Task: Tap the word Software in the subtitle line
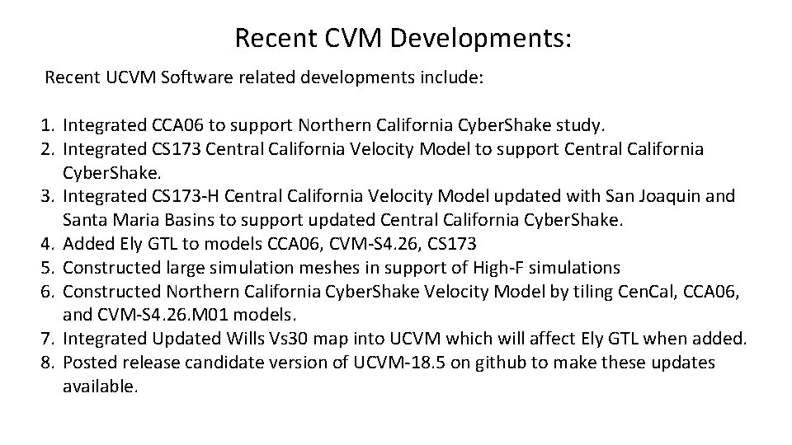[208, 78]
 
